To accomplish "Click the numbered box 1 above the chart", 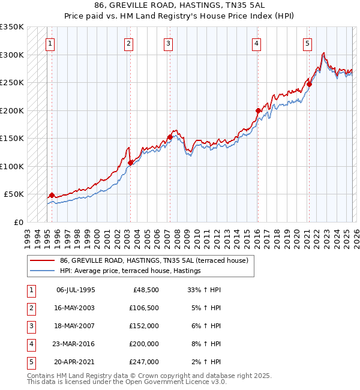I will (x=52, y=43).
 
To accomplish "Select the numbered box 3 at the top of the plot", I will (x=169, y=43).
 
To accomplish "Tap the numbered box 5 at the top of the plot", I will (x=307, y=43).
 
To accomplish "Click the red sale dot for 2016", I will (x=258, y=110).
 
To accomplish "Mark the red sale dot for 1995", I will (x=52, y=195).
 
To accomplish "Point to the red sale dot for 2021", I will (x=309, y=85).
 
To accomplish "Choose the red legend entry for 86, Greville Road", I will (x=157, y=261).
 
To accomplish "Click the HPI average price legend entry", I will (x=130, y=271).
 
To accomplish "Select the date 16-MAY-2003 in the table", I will (x=76, y=308).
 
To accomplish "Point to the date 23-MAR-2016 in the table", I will (x=76, y=344).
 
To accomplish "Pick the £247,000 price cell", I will (x=144, y=362).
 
